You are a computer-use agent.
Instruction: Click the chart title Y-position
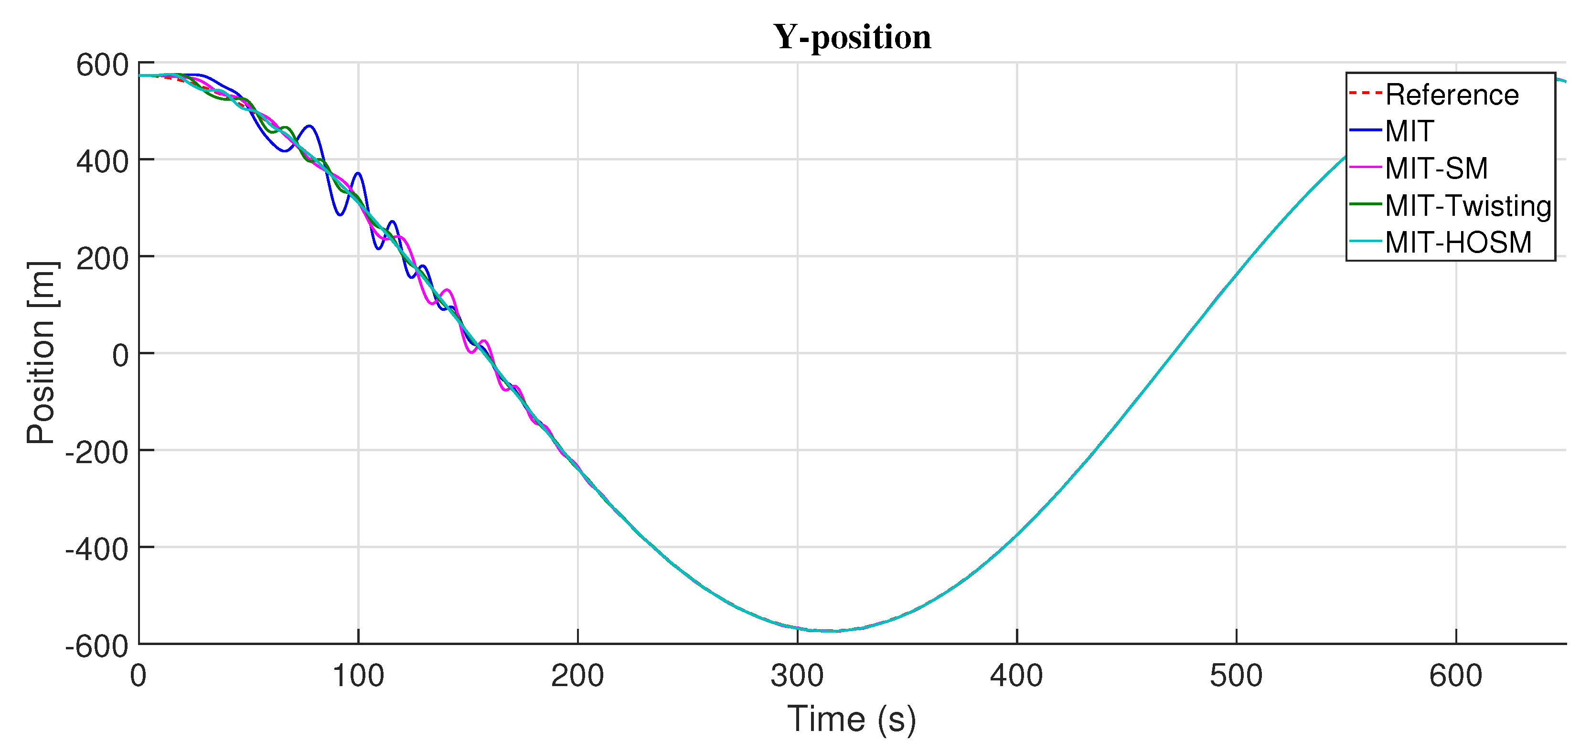pos(852,37)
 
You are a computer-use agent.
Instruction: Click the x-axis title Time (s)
pos(852,719)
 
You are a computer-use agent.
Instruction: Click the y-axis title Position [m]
pos(42,353)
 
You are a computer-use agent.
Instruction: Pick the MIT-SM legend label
pos(1436,169)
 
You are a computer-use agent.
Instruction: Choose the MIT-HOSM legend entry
pos(1458,242)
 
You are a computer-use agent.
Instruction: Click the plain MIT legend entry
pos(1409,131)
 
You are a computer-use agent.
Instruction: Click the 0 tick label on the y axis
pos(120,356)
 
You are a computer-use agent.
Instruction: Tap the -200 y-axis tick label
pos(97,453)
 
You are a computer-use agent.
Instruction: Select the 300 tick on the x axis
pos(797,676)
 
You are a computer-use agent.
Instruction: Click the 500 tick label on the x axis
pos(1236,676)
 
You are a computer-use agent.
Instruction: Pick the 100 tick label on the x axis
pos(358,676)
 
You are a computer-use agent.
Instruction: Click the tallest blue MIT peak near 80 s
pos(310,126)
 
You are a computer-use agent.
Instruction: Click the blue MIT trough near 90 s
pos(340,214)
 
